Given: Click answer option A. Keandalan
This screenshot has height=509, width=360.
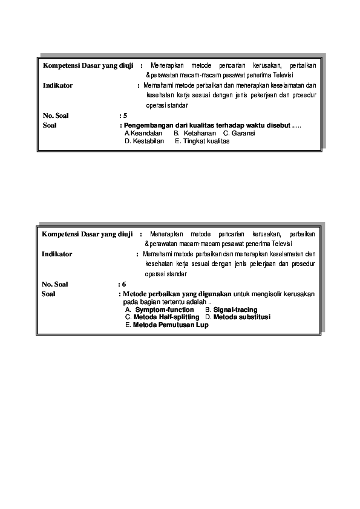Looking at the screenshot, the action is (143, 133).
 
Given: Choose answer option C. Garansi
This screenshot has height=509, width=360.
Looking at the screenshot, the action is (238, 133).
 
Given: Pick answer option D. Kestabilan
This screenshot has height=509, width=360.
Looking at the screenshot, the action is (144, 141).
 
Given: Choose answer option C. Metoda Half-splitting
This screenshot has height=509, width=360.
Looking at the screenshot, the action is (162, 317).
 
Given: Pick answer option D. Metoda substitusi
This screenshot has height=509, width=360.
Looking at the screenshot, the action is (238, 317).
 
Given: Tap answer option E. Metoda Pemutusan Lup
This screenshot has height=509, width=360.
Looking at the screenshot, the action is (166, 325).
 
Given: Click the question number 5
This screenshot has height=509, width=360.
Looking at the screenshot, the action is (125, 114).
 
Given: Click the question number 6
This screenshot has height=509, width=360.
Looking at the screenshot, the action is (123, 284).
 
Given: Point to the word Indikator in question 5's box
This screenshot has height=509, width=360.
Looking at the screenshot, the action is (57, 85).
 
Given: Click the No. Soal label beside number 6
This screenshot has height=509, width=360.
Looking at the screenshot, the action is (55, 284).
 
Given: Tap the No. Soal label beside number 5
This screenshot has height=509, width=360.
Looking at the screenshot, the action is (56, 114).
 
